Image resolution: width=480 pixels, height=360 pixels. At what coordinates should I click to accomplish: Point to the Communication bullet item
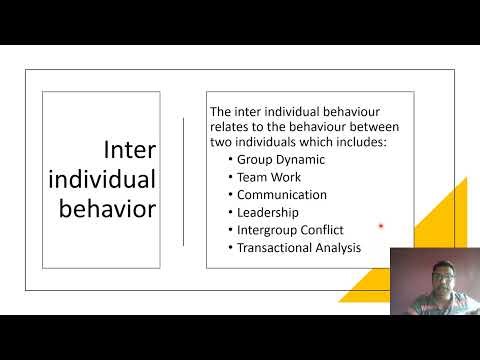click(281, 194)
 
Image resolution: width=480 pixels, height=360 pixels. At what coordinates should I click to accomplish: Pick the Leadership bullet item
click(269, 212)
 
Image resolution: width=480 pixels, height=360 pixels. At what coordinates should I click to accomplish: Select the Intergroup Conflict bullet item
click(289, 230)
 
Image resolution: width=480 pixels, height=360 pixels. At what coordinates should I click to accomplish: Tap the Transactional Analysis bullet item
click(298, 248)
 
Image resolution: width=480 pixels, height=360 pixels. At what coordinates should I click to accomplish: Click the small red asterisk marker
click(381, 227)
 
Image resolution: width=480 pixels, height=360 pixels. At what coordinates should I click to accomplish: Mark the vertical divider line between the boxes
click(183, 180)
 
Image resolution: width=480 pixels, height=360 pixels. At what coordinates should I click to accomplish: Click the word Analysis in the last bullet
click(336, 248)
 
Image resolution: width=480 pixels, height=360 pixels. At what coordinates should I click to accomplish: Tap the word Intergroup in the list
click(266, 230)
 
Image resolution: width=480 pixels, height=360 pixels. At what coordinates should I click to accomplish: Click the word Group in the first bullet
click(255, 158)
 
